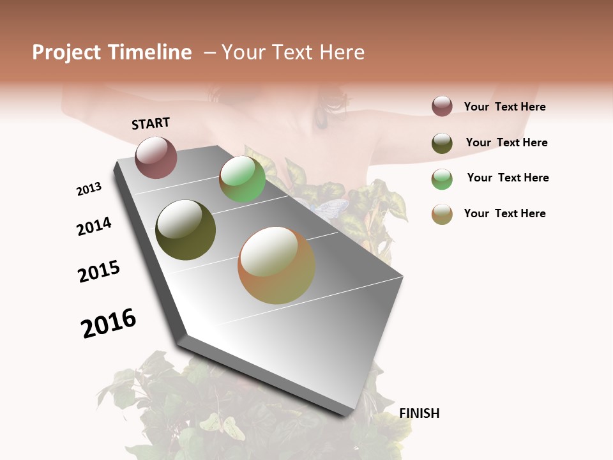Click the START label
point(151,123)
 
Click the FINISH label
point(419,413)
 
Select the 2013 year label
point(89,189)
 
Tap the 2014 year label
point(94,227)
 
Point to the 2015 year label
point(99,272)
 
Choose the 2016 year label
point(109,323)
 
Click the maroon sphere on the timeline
point(156,157)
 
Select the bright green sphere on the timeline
point(242,179)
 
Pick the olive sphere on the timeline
point(185,230)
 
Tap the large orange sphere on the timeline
point(276,265)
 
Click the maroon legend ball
point(442,106)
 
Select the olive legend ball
point(442,143)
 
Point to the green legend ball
point(442,179)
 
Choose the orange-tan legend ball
point(442,214)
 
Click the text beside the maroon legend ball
point(504,107)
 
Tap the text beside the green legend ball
point(508,178)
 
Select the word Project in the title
point(66,52)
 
